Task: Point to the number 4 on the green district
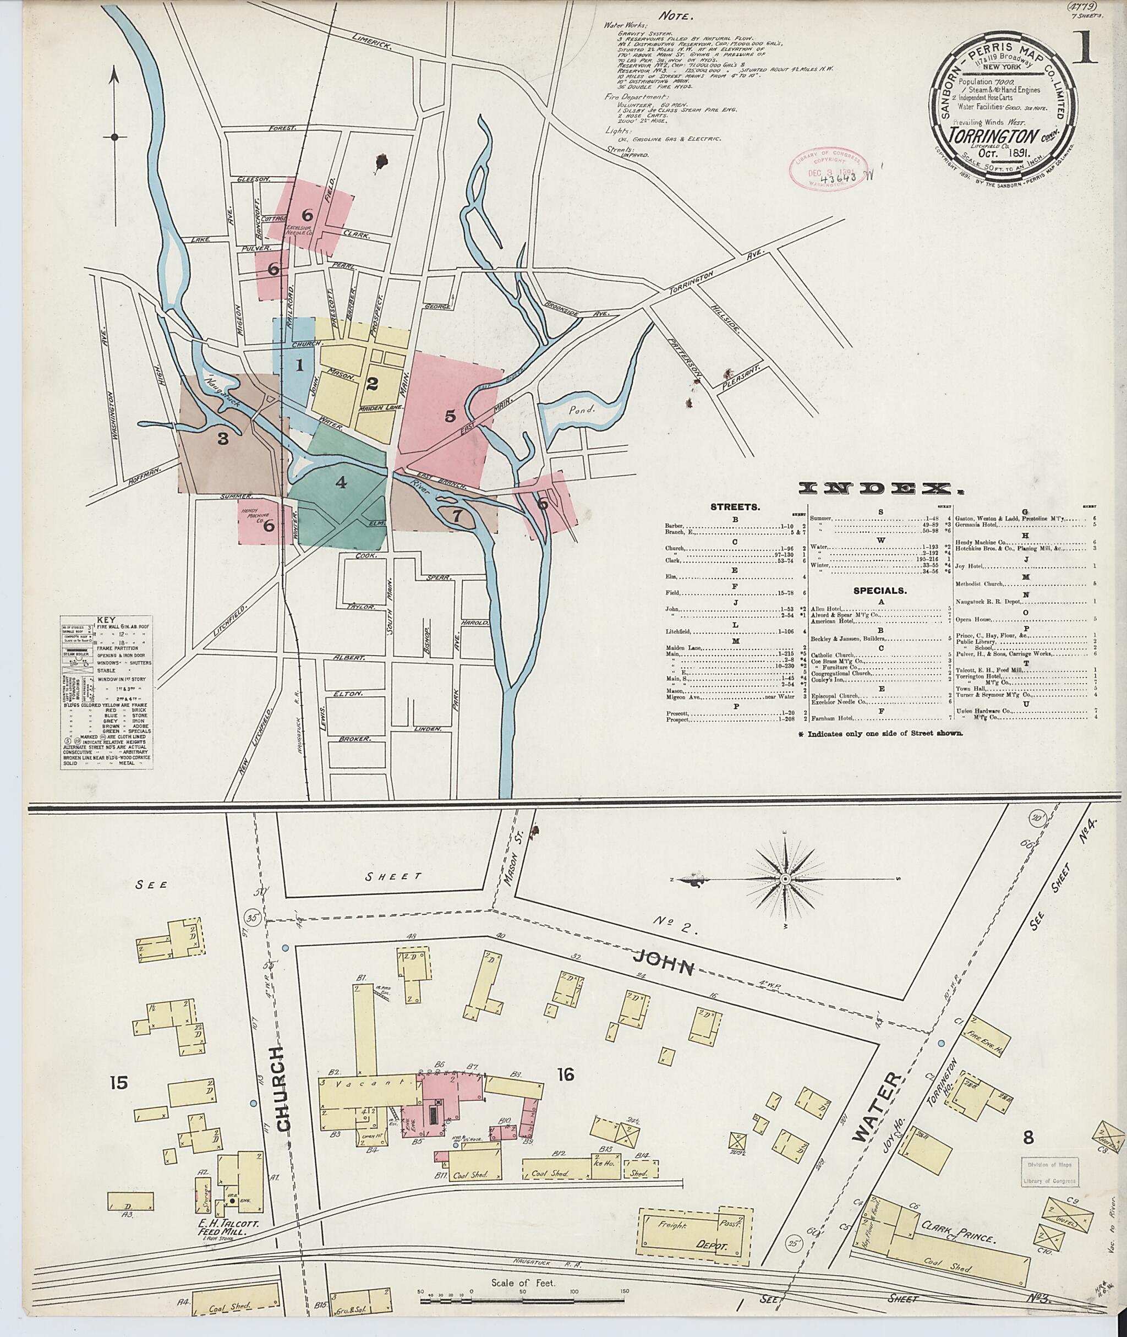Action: pos(341,483)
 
